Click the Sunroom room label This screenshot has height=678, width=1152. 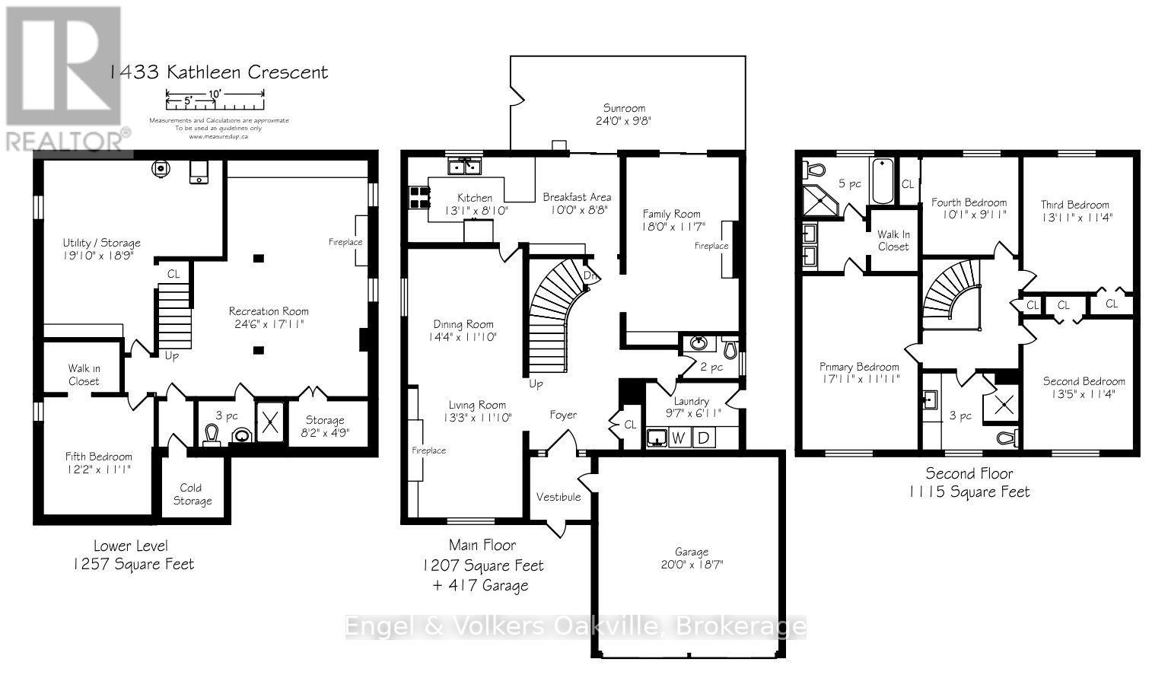(624, 108)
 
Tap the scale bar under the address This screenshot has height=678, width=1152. (215, 95)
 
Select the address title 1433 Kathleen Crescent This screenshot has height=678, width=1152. (218, 72)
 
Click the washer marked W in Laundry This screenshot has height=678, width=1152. (679, 438)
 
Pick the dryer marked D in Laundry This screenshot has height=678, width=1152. (703, 438)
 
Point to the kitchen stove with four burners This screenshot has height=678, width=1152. (418, 198)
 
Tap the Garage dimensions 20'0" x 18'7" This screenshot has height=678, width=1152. (691, 565)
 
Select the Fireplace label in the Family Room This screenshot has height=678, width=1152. (711, 246)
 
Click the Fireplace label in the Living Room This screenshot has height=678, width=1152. (428, 450)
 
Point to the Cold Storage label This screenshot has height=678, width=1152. (192, 494)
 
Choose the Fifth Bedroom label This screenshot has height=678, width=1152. (98, 457)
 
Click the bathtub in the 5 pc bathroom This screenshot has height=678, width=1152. (883, 181)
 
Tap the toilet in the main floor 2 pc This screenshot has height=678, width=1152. (729, 349)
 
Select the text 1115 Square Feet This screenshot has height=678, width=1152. (969, 492)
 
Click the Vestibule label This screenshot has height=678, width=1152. (558, 497)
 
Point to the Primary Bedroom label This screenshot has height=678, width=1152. (859, 367)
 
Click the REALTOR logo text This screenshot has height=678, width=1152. (66, 142)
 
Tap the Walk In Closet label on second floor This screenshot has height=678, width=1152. (893, 240)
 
